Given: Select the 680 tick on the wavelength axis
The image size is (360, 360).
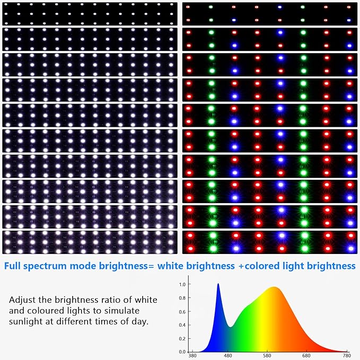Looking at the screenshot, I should point(308,356).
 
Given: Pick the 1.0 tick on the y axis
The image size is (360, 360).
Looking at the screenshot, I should point(182,285).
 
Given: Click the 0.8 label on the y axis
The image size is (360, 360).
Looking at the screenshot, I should point(182,298).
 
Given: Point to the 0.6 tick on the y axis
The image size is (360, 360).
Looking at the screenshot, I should point(182,312).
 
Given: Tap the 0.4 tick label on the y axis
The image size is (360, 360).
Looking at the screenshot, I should point(182,325).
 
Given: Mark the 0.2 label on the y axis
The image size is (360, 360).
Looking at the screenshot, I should point(182,338).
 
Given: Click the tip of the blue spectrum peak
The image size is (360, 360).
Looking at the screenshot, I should point(218,284).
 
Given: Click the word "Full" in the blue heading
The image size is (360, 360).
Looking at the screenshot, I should point(16,265).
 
